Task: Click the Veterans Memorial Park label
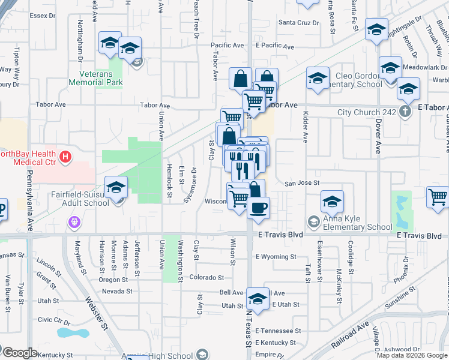click(101, 78)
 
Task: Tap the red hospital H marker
click(66, 158)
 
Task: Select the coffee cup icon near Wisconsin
click(259, 207)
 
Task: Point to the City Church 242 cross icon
click(406, 112)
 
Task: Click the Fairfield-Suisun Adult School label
click(71, 199)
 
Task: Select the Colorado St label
click(206, 278)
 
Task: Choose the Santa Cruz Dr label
click(298, 23)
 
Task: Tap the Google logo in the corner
click(19, 352)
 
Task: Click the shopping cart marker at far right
click(438, 197)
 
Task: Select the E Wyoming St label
click(276, 257)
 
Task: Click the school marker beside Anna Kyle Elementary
click(332, 202)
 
